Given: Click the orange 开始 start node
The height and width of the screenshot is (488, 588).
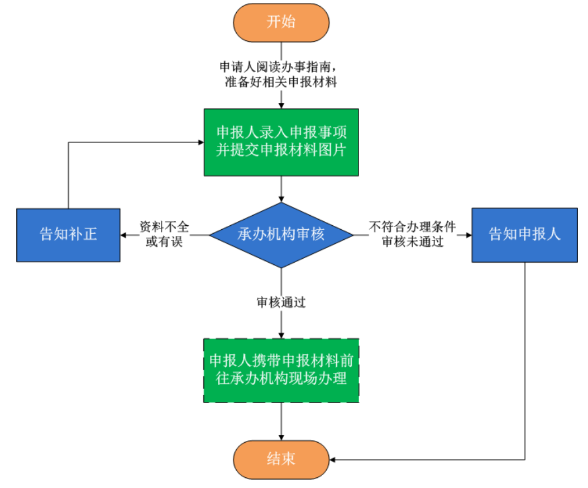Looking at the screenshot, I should [x=281, y=22].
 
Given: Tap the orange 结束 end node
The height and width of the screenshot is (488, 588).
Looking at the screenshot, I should [x=281, y=459].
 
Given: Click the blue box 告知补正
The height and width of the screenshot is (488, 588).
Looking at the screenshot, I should [x=68, y=235].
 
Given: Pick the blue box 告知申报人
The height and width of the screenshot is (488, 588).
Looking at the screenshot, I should [x=524, y=235].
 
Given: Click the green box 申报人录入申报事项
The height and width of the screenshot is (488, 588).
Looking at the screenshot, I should [x=281, y=142].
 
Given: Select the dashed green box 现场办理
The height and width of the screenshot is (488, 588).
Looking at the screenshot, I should [x=281, y=370].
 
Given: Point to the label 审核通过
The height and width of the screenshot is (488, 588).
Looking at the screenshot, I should [x=281, y=302].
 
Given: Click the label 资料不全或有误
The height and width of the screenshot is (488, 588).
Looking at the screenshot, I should [x=164, y=234].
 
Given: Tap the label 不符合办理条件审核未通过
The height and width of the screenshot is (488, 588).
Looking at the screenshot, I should [x=413, y=234].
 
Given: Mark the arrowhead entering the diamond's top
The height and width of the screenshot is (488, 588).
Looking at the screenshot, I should [x=281, y=199].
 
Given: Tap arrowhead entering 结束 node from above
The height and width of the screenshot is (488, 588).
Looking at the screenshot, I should [x=281, y=437].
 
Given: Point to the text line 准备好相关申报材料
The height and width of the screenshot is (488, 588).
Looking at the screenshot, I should [x=281, y=82].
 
